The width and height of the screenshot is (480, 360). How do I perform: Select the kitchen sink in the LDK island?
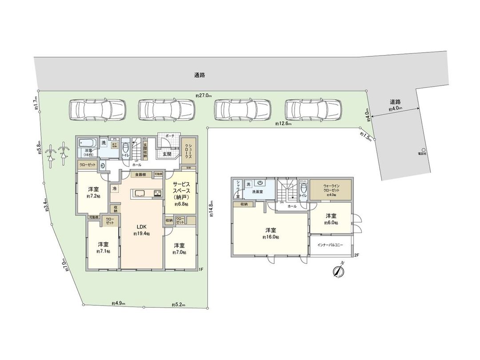coord(139,193)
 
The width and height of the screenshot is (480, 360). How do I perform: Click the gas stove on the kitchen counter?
coord(157,193)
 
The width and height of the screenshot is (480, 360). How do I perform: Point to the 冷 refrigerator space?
coord(115,188)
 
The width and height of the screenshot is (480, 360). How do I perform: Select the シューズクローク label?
coord(189,152)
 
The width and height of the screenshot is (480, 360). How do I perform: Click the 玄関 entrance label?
coord(167,154)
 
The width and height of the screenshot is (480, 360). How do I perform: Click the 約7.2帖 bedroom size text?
coord(93,196)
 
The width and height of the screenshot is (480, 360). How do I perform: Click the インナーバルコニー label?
coord(330,245)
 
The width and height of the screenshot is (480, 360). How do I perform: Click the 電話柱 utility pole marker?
coord(424,150)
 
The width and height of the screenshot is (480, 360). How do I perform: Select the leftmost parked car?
coord(97,108)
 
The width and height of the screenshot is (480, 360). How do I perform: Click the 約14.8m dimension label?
coord(212,209)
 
